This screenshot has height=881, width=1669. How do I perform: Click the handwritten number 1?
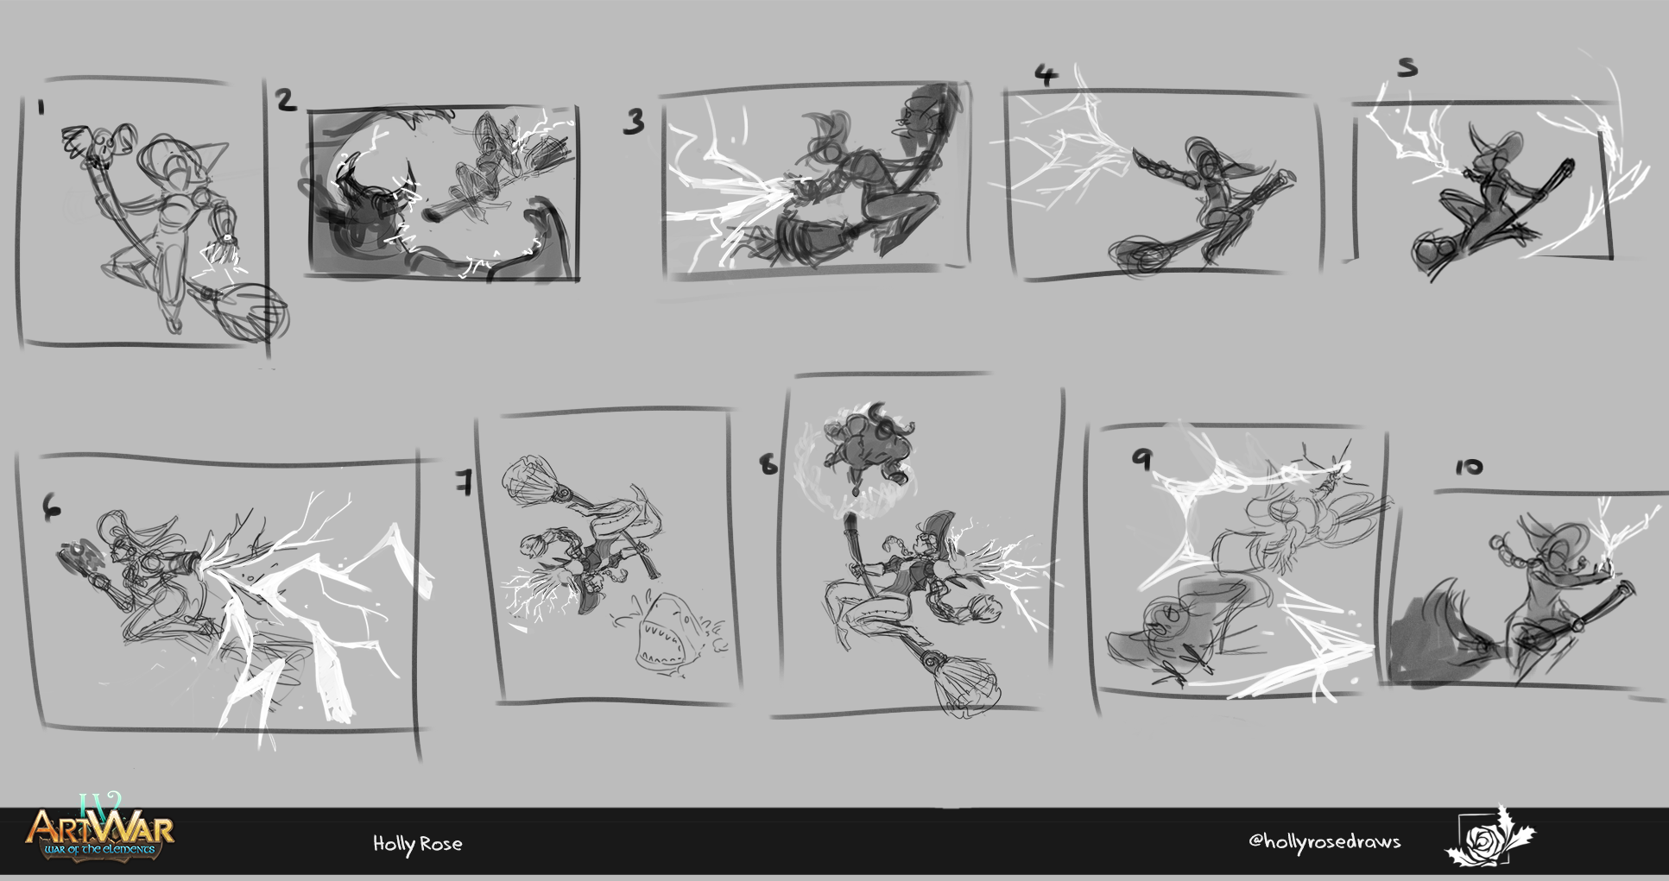point(41,108)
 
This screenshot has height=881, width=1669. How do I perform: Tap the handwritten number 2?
point(287,100)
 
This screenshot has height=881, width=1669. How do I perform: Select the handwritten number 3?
point(635,122)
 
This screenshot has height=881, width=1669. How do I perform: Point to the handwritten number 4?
point(1046,76)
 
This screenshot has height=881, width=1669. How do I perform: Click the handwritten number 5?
point(1407,67)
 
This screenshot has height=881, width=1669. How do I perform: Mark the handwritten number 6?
point(52,510)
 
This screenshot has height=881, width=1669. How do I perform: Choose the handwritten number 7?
point(465,482)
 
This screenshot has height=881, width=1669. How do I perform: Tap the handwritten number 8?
point(768,465)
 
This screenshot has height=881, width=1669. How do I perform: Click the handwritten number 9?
point(1142,459)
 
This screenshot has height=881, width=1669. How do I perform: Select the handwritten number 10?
point(1469,467)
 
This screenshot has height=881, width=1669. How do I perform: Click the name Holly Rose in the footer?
point(418,844)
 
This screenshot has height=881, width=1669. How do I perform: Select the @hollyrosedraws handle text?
point(1324,841)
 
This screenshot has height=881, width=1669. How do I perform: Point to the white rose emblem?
point(1490,837)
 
